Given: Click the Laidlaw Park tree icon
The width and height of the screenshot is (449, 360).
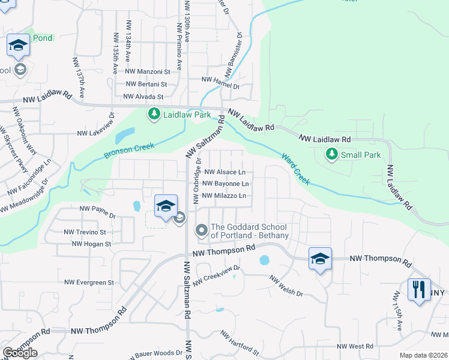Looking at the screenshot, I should [154, 113].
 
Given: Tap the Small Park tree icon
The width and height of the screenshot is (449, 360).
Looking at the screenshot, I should [331, 155].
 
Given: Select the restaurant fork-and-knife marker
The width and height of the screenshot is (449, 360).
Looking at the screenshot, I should [419, 290].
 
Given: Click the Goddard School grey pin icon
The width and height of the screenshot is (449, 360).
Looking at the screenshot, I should [201, 230].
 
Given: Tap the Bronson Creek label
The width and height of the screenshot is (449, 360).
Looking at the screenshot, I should [129, 150].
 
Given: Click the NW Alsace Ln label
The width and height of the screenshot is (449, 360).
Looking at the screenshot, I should [225, 172].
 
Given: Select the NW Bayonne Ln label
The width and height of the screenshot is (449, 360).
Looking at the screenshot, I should [225, 184].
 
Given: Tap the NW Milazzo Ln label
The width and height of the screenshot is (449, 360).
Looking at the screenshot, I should [225, 196].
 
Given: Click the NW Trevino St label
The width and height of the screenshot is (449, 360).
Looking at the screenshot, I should [85, 232].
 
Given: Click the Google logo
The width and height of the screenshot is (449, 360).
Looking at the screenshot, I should [20, 353].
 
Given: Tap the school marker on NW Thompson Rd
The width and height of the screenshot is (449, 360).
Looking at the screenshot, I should [320, 259].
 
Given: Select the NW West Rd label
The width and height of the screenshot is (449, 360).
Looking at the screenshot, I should [355, 346].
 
